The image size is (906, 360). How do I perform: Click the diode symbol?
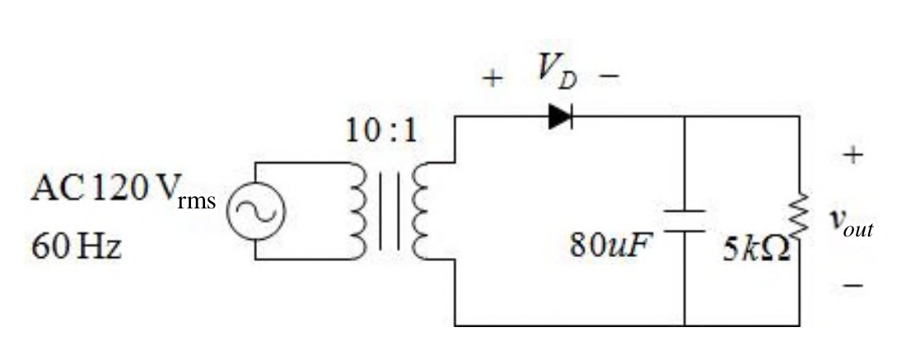(x=560, y=117)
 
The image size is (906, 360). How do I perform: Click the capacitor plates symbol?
(x=684, y=222)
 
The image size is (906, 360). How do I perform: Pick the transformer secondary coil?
(x=420, y=211)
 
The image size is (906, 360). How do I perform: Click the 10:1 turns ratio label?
(x=381, y=132)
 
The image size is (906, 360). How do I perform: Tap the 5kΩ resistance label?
(x=756, y=250)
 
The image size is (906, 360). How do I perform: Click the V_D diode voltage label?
(x=557, y=73)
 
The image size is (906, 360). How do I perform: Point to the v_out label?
(x=852, y=222)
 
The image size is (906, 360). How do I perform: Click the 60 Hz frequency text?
(x=77, y=247)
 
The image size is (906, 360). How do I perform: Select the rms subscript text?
(x=197, y=201)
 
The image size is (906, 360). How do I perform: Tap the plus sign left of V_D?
(x=493, y=78)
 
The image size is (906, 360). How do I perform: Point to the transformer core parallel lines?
(x=389, y=211)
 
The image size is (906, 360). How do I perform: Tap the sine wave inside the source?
(x=255, y=210)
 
